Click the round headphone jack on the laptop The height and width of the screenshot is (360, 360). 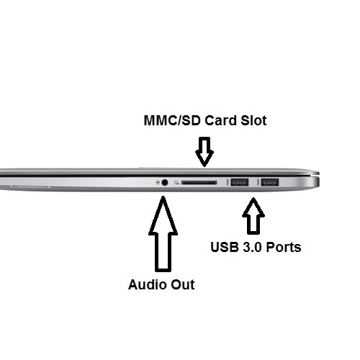[x=165, y=183]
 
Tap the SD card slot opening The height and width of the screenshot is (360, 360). [x=199, y=183]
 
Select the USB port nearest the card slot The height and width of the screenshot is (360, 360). [x=240, y=183]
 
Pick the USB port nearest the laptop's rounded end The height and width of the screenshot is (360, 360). [x=270, y=183]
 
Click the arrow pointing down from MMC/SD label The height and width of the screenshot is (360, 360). [x=204, y=152]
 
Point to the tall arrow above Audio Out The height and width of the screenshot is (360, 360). [x=163, y=234]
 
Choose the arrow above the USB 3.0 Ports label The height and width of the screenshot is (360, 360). [x=253, y=216]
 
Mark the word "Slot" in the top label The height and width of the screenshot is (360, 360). [x=253, y=120]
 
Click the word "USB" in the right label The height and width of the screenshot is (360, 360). [x=225, y=247]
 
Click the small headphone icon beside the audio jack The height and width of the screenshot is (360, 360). [x=158, y=183]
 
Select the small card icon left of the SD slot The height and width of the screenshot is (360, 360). [x=177, y=183]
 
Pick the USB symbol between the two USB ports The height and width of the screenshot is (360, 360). [x=258, y=183]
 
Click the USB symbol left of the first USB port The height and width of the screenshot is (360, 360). [x=228, y=183]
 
